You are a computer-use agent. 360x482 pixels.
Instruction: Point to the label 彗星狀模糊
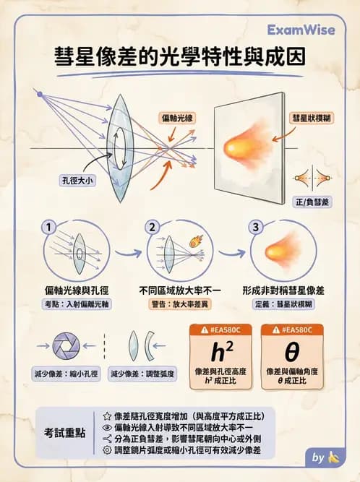(312, 117)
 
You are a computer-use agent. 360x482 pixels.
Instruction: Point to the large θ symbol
(291, 352)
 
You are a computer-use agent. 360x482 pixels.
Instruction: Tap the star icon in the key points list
(107, 416)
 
